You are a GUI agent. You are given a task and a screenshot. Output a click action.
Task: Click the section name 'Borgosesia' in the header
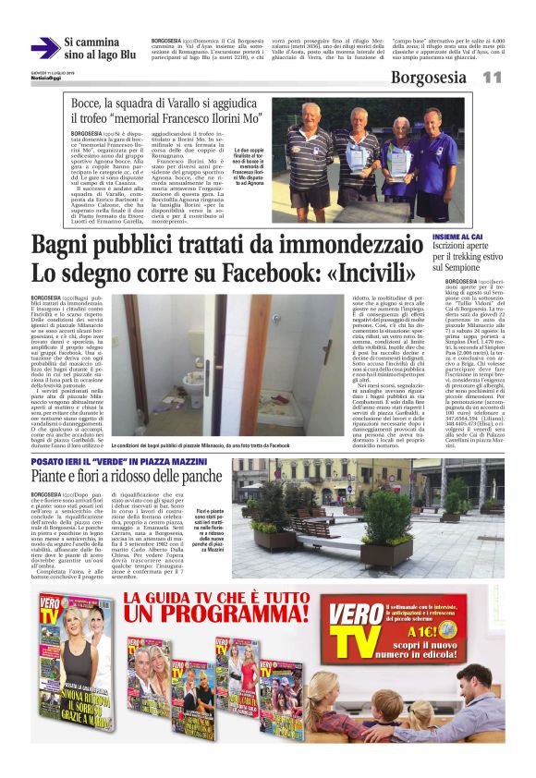(x=431, y=78)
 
